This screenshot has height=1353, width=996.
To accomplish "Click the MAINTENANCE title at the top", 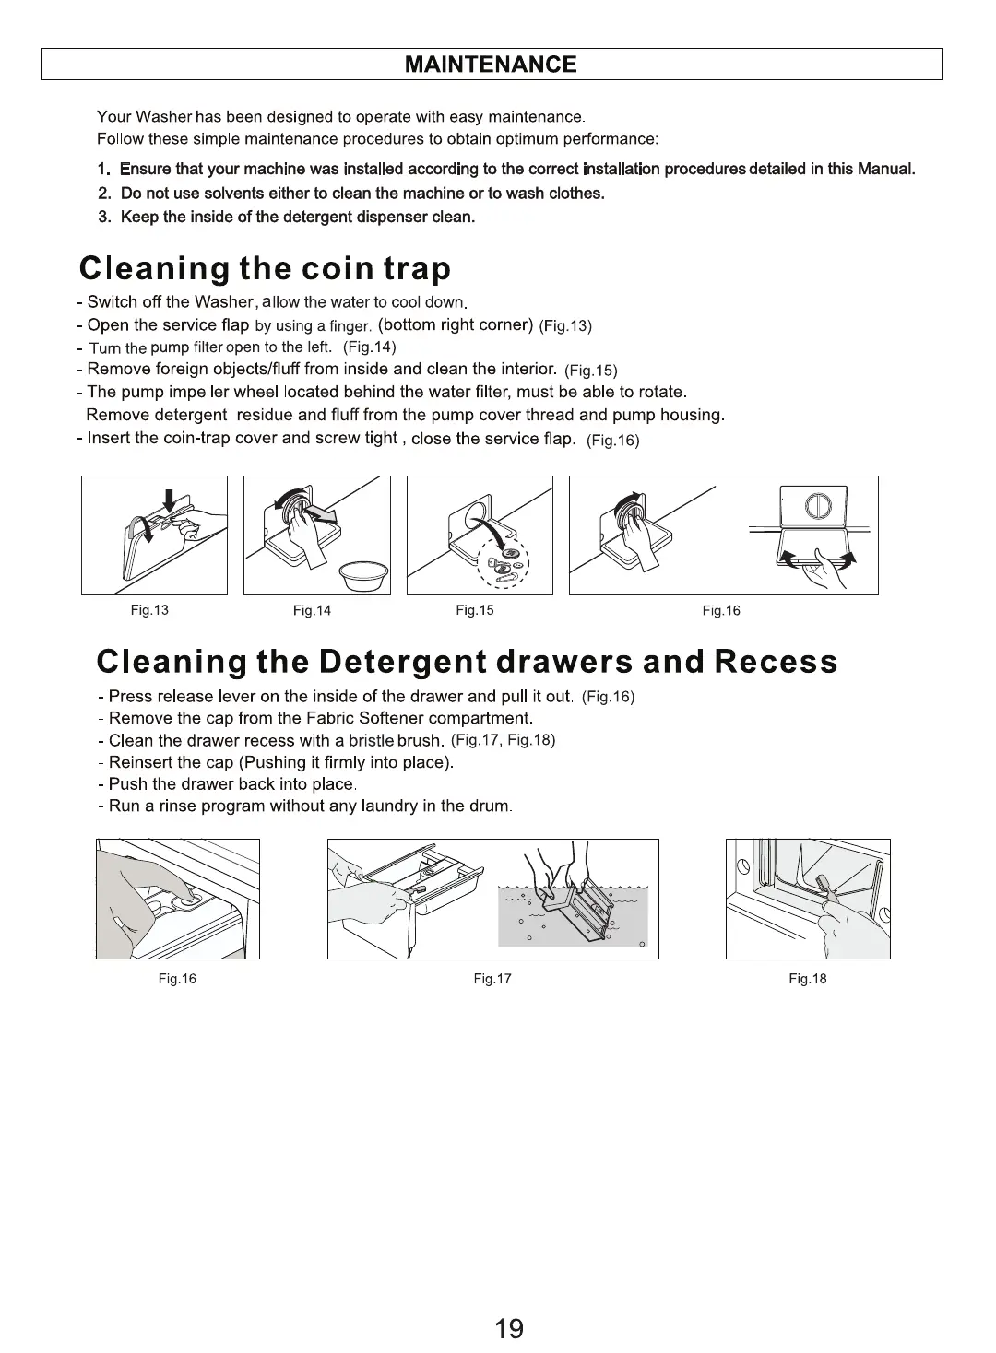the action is (x=491, y=64).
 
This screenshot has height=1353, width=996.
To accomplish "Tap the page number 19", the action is (x=509, y=1328).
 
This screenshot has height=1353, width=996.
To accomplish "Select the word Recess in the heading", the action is (x=777, y=661).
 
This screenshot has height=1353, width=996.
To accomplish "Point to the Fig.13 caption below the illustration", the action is (x=149, y=610).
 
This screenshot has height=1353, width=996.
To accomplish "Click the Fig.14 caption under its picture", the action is (x=312, y=611).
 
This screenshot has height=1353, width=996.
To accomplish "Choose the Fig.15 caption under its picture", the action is (x=474, y=610).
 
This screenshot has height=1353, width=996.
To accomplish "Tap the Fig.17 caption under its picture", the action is (x=492, y=979).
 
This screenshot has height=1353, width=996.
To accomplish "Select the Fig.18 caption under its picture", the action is (x=808, y=979).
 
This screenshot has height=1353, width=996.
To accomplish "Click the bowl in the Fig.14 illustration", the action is (x=363, y=576).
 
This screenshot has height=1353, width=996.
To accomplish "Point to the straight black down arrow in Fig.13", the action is (x=170, y=500).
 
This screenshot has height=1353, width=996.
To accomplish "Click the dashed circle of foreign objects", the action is (x=504, y=562).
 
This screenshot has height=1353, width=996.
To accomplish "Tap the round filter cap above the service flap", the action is (x=818, y=506).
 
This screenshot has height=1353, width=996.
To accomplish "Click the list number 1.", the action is (x=104, y=170).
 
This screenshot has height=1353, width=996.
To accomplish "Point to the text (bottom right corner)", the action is (x=456, y=325).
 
